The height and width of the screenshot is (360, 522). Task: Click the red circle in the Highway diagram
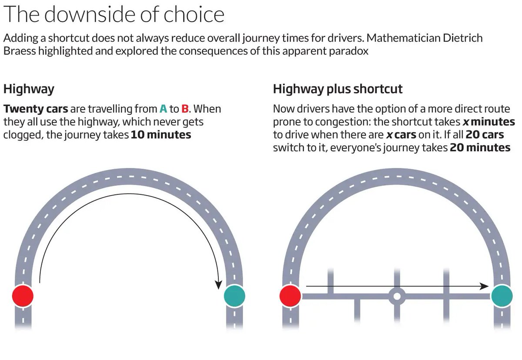click(23, 296)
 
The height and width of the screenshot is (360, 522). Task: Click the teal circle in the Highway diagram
click(234, 296)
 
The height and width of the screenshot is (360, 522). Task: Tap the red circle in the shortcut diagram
click(290, 297)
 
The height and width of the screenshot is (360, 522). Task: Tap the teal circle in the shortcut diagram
click(502, 297)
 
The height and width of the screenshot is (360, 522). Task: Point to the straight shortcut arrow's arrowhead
click(484, 286)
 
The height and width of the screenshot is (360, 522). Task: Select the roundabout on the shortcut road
click(397, 297)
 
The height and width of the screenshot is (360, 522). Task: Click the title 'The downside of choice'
click(114, 14)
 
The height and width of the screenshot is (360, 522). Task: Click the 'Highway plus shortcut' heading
click(338, 89)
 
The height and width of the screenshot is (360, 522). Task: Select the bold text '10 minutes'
click(161, 135)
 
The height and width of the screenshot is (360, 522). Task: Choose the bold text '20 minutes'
click(480, 148)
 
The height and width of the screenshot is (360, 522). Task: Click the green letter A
click(163, 109)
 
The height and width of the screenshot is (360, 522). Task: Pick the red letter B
click(184, 109)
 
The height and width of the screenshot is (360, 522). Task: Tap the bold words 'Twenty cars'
click(36, 109)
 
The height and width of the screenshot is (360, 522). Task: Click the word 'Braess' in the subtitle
click(20, 51)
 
